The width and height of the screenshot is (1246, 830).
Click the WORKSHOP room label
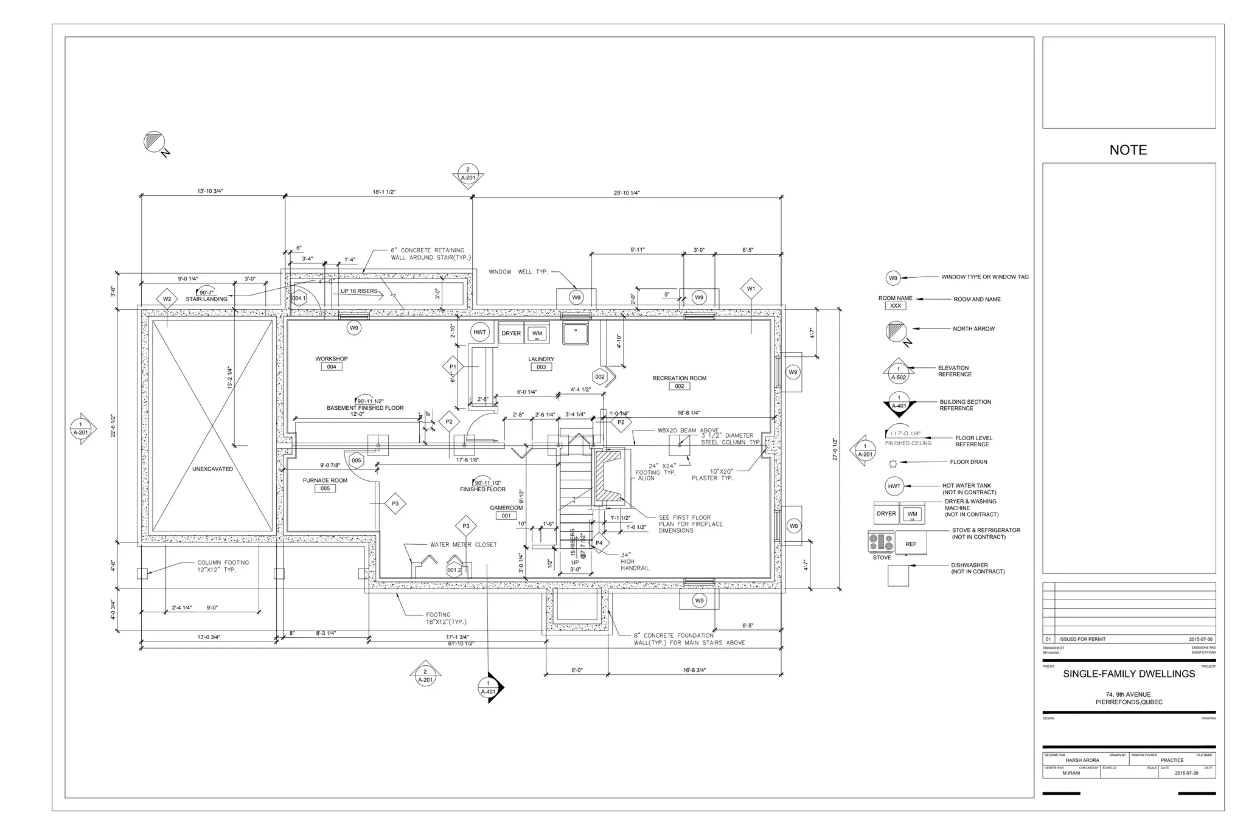point(331,359)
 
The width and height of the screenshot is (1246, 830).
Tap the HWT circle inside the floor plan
point(480,332)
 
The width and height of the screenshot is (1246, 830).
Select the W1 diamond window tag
point(751,289)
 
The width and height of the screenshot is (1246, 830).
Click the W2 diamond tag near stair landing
point(167,299)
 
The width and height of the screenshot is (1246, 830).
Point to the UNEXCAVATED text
point(212,469)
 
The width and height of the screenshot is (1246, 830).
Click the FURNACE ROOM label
point(325,480)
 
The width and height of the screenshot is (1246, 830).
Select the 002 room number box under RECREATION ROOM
point(679,386)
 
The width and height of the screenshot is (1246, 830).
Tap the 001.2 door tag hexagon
point(454,570)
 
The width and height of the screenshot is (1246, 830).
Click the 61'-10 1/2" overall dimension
point(461,643)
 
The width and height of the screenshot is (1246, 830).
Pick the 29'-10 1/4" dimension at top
point(627,193)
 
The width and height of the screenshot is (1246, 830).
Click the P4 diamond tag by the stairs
point(599,543)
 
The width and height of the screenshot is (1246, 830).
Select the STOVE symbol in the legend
point(881,542)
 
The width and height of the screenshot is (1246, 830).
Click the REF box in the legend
point(910,544)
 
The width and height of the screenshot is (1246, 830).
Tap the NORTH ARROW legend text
point(973,329)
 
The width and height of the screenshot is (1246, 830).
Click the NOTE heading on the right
point(1128,150)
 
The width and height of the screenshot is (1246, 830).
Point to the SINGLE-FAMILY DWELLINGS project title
point(1129,674)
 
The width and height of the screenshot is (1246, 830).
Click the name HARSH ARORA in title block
point(1082,760)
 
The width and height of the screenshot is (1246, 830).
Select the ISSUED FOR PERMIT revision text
point(1082,639)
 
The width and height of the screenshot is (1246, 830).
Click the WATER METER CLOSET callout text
point(463,545)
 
